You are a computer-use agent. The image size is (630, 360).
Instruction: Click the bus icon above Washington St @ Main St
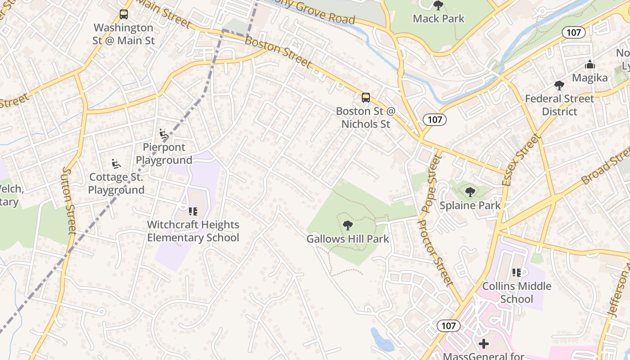click(124, 14)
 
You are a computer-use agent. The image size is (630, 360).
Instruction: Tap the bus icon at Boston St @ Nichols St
click(366, 97)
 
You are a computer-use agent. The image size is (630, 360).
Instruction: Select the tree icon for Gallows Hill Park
click(347, 225)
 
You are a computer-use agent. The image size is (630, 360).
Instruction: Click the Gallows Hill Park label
click(347, 238)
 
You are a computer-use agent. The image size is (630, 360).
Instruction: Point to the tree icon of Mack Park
click(438, 5)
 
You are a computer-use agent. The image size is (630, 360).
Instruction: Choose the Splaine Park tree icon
click(470, 192)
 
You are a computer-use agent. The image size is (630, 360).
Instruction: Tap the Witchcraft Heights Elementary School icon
click(193, 211)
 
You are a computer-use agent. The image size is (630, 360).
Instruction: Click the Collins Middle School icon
click(516, 273)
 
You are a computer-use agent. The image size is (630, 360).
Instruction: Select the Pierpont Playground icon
click(164, 134)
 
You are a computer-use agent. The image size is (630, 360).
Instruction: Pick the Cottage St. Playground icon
click(116, 164)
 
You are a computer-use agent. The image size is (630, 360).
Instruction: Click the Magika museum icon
click(589, 65)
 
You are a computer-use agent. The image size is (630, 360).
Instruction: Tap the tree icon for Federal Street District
click(559, 85)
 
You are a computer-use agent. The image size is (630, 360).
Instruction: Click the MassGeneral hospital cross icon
click(484, 344)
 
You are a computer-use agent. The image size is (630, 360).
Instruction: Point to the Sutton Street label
click(69, 200)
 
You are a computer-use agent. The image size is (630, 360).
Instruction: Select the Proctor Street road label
click(435, 252)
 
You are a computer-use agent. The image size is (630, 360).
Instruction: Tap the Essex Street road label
click(520, 160)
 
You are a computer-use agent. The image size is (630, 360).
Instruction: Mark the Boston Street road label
click(278, 52)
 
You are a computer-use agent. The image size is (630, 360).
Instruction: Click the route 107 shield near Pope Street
click(435, 119)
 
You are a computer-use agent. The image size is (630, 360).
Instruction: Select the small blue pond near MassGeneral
click(382, 340)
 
